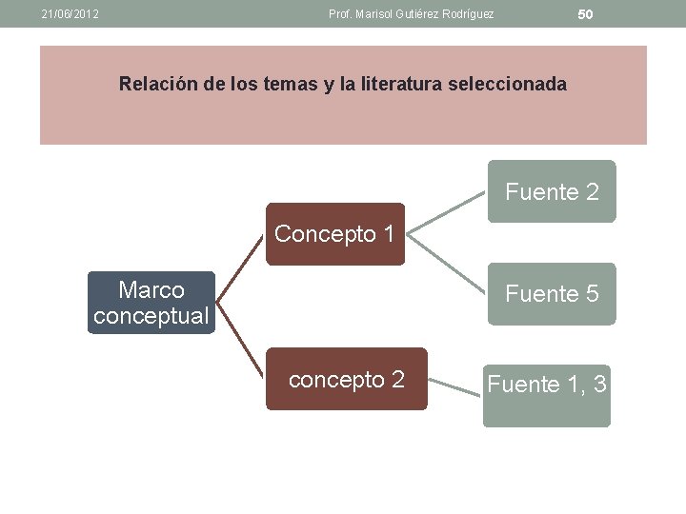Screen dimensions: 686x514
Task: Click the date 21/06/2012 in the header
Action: click(71, 14)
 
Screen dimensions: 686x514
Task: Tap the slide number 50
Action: click(585, 14)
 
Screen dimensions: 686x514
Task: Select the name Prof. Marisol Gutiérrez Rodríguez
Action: click(411, 14)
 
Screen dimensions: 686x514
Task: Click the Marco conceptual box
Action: click(151, 303)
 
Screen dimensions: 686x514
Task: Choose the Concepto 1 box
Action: click(334, 233)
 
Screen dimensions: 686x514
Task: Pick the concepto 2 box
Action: click(346, 379)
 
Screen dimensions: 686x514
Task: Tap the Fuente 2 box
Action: click(552, 191)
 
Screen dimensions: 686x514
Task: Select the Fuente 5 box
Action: click(552, 294)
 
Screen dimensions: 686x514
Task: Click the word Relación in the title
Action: click(157, 84)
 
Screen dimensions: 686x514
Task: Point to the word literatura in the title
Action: click(398, 84)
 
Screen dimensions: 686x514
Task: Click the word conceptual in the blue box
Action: click(151, 316)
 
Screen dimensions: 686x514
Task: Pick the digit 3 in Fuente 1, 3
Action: click(599, 385)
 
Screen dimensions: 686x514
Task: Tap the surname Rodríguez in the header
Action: click(465, 14)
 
